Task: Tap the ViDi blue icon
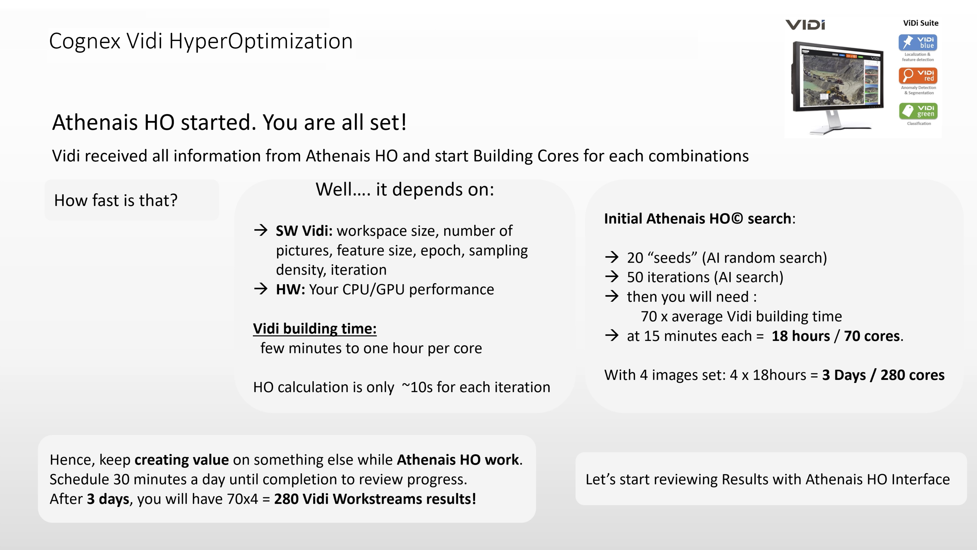click(x=918, y=42)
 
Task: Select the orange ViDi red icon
click(x=918, y=76)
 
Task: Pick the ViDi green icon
click(x=918, y=111)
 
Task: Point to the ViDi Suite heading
click(x=920, y=23)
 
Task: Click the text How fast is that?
click(x=116, y=200)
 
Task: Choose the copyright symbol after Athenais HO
click(x=737, y=219)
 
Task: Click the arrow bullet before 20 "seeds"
click(x=612, y=257)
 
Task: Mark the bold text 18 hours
click(x=801, y=336)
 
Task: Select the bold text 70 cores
click(x=872, y=336)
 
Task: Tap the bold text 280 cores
click(x=912, y=375)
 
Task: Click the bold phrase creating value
click(x=182, y=460)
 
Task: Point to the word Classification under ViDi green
click(x=919, y=123)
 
